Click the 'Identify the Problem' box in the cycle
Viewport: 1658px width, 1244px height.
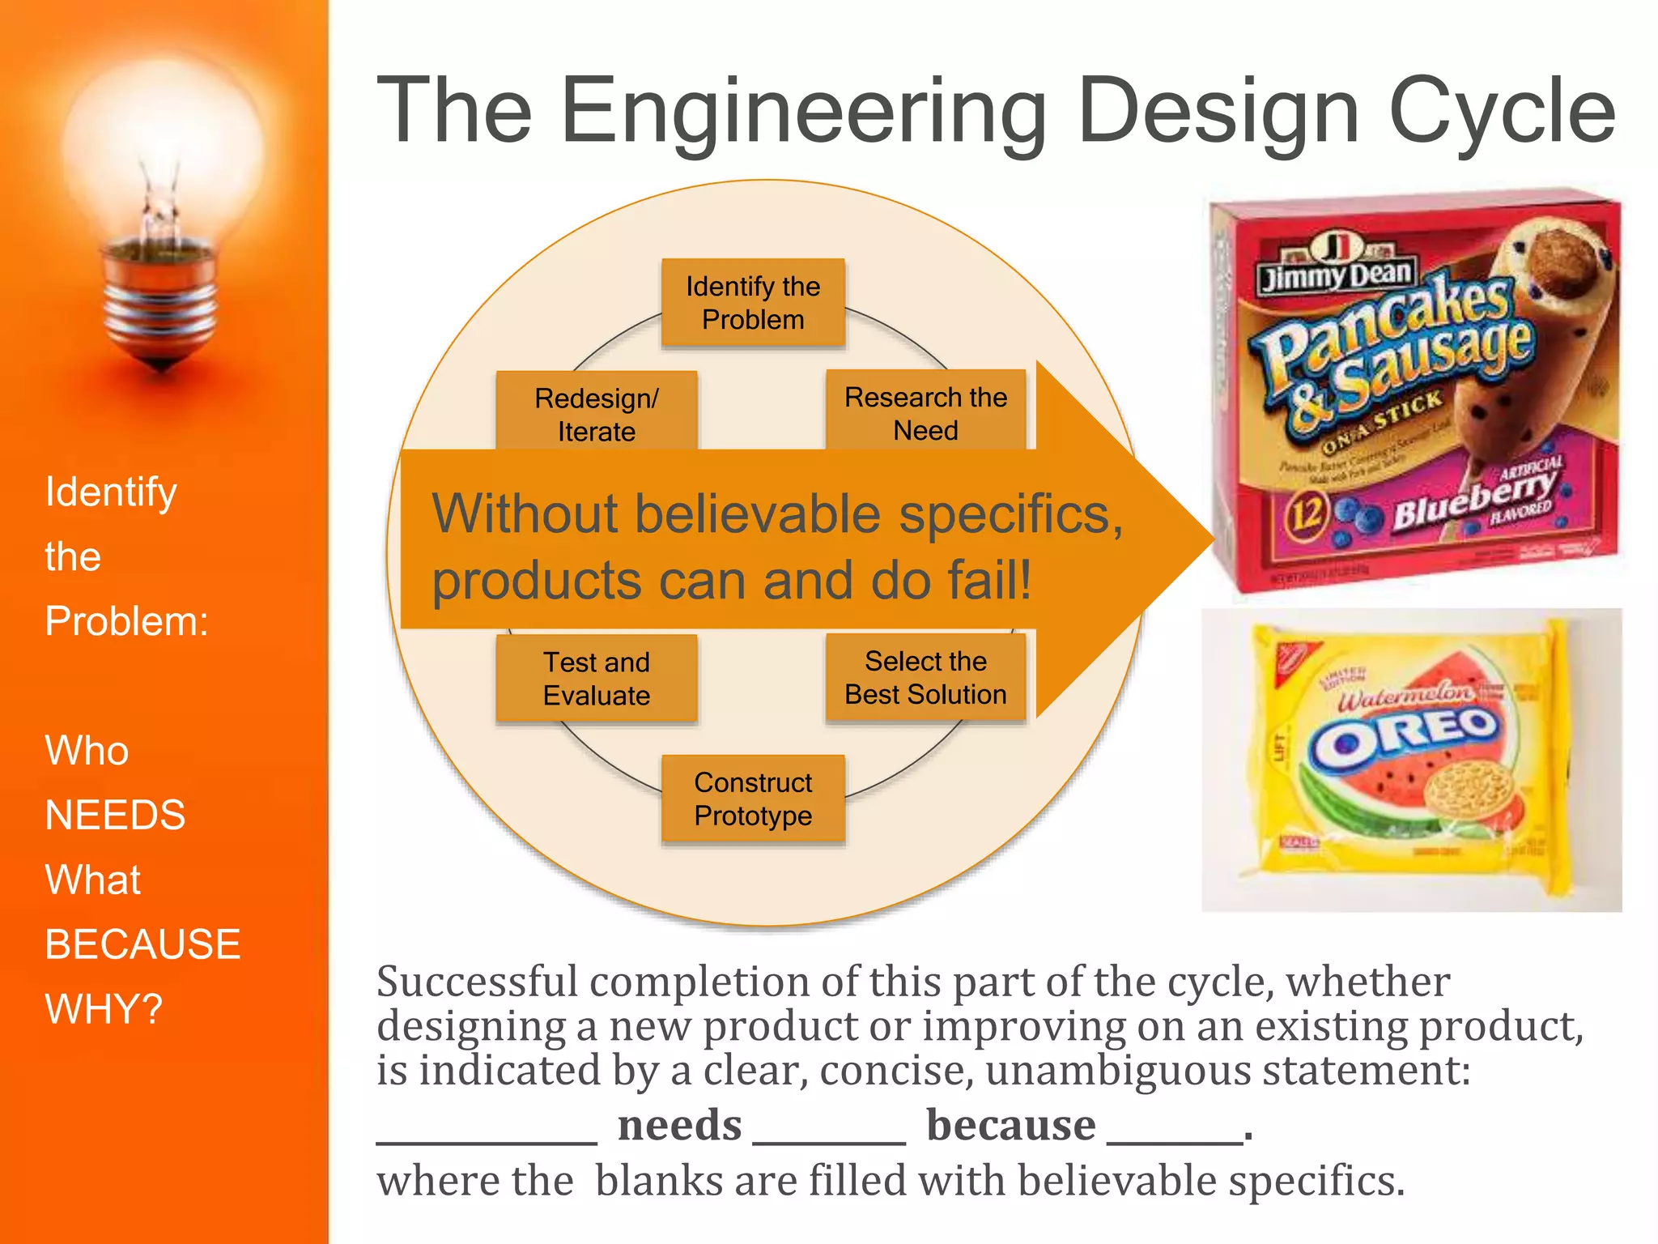pos(753,303)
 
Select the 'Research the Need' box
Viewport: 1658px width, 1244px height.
pos(925,412)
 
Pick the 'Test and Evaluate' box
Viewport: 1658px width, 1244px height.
pos(597,679)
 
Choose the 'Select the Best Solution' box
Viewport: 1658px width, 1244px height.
pos(925,678)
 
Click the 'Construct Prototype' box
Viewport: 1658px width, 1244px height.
pos(753,799)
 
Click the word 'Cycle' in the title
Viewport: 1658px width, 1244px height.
pos(1502,112)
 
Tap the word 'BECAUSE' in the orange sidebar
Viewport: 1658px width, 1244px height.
pos(142,944)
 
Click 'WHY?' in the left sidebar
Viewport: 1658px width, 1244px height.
pos(104,1009)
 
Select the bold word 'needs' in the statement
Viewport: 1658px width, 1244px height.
pos(679,1126)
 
